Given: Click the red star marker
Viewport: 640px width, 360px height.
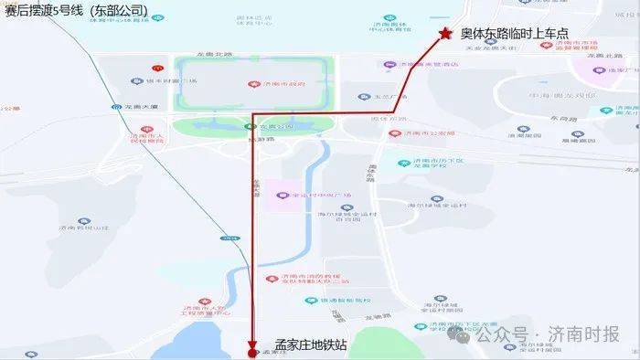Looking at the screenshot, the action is (445, 34).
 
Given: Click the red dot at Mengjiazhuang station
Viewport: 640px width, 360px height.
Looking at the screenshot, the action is (252, 352).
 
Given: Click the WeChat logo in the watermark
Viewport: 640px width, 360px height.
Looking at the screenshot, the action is (474, 334).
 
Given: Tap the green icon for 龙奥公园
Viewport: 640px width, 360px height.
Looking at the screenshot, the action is (250, 126).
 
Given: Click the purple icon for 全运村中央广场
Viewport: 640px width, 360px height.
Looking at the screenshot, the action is (283, 195).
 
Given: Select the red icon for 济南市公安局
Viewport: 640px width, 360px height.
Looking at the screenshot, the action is (394, 132).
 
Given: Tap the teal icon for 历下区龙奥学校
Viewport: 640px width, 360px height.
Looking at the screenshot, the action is (403, 164).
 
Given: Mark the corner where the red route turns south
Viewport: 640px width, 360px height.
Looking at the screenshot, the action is (252, 113).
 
